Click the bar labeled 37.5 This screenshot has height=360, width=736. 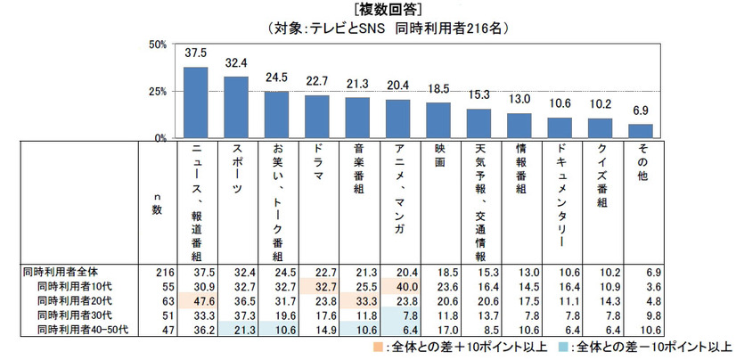pyautogui.click(x=195, y=102)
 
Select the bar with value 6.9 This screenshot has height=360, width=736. pyautogui.click(x=641, y=131)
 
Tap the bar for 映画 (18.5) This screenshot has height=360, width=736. pyautogui.click(x=438, y=120)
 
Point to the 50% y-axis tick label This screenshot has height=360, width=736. pyautogui.click(x=157, y=45)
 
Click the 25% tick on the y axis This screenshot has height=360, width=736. pyautogui.click(x=157, y=91)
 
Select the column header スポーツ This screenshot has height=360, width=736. pyautogui.click(x=235, y=175)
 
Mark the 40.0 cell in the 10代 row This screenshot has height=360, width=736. pyautogui.click(x=397, y=283)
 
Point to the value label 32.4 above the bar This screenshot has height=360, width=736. pyautogui.click(x=235, y=64)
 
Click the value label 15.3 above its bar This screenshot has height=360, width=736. pyautogui.click(x=478, y=96)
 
